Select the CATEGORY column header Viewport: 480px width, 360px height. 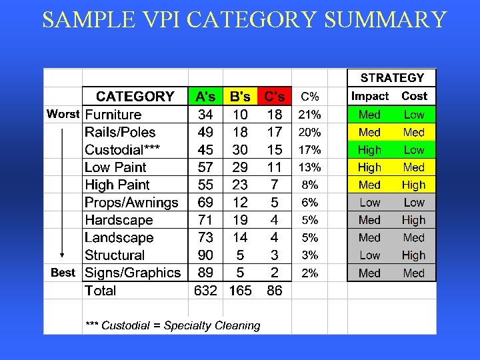[135, 97]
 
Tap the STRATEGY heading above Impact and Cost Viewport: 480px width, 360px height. [391, 78]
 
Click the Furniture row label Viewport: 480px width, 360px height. [113, 115]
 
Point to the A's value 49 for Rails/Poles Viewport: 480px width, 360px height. [206, 132]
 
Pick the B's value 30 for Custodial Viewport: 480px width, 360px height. [240, 150]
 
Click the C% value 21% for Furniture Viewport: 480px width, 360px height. [309, 115]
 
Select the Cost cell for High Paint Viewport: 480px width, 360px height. [413, 185]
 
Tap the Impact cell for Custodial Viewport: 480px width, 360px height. [369, 150]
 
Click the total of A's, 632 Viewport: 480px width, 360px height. [205, 291]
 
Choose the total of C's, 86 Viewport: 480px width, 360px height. [274, 291]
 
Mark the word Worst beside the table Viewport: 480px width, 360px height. [63, 114]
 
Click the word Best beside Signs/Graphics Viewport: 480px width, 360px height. [63, 273]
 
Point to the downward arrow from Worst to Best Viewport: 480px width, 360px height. [62, 193]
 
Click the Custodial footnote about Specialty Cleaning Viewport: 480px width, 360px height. [173, 325]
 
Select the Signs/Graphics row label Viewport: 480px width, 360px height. [133, 273]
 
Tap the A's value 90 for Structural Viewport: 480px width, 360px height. [206, 255]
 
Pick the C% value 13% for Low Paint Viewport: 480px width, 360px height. [309, 167]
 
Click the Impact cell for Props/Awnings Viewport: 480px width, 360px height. [369, 203]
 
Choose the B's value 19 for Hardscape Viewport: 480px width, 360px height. [240, 220]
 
